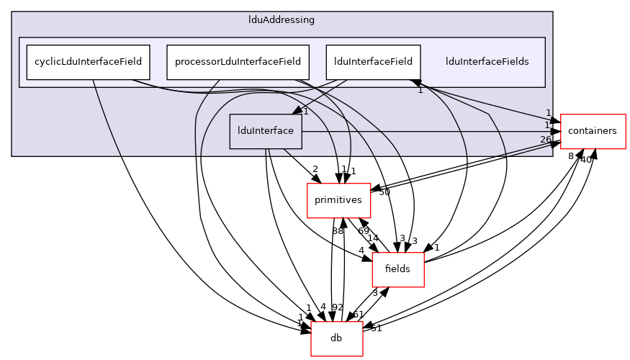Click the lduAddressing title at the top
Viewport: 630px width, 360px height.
pos(281,20)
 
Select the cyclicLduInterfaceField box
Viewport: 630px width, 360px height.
pos(89,62)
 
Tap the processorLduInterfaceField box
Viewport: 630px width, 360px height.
pos(238,62)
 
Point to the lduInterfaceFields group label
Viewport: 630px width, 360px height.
pos(487,62)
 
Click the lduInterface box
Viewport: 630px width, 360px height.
pos(266,131)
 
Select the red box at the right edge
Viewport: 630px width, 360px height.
pos(593,132)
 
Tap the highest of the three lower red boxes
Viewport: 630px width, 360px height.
pos(338,200)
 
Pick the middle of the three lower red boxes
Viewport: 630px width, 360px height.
pos(397,270)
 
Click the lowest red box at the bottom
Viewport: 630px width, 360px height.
pos(337,339)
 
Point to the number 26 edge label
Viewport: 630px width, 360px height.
pos(545,140)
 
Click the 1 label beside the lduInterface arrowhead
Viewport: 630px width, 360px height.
pos(306,112)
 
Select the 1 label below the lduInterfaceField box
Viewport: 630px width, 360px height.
pos(420,90)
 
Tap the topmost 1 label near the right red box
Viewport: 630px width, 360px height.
pos(548,113)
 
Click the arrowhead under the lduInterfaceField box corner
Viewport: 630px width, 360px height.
pos(415,84)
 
